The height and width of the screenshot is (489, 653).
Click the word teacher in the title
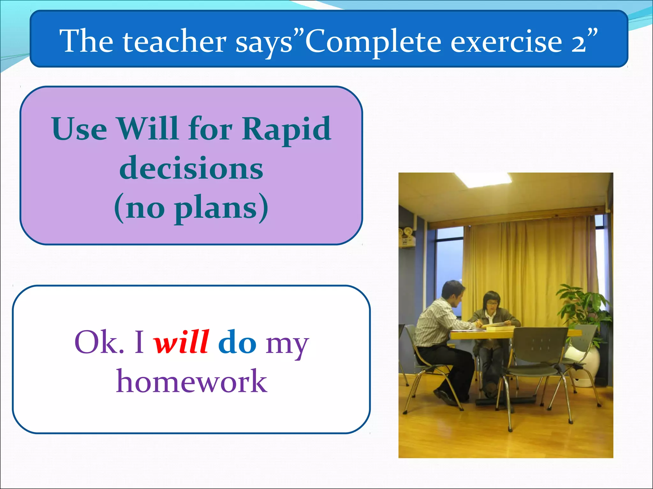click(x=175, y=41)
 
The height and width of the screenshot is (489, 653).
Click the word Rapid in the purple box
click(x=286, y=129)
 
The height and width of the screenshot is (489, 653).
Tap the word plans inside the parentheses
click(x=216, y=209)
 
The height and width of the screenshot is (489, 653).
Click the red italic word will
click(x=181, y=342)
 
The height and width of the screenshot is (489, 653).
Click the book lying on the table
click(x=497, y=325)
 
